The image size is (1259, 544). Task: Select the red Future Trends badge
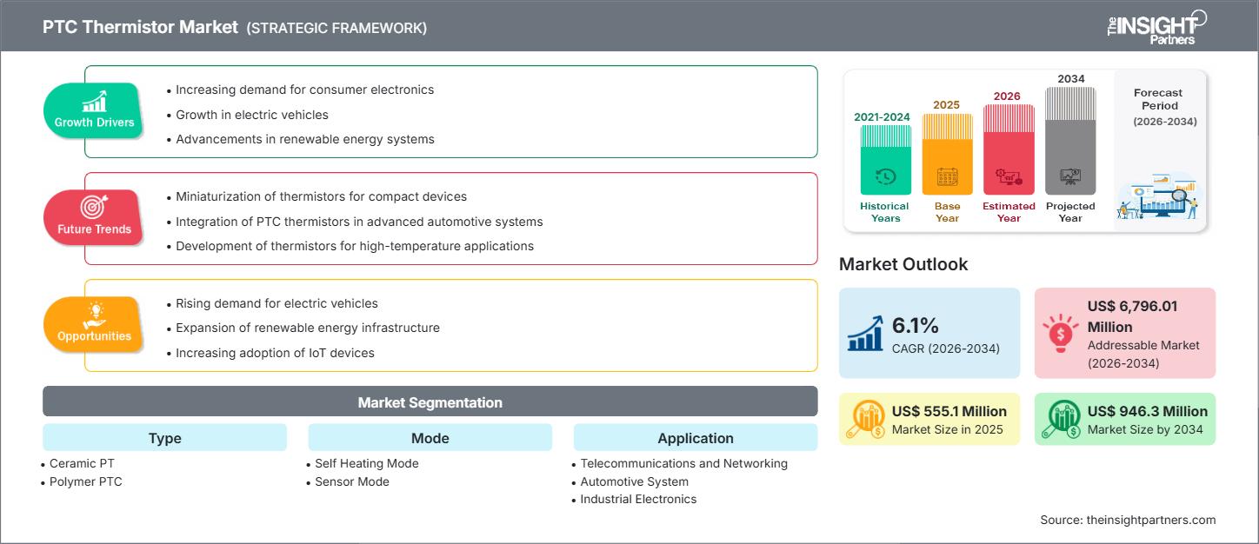[x=94, y=217]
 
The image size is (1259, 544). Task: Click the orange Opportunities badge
[x=94, y=324]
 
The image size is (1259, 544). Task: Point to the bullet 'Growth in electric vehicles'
[x=252, y=115]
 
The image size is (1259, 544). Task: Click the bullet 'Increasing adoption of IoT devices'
[x=275, y=353]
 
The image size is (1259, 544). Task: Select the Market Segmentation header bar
[x=430, y=402]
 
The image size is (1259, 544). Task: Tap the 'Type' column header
[x=164, y=438]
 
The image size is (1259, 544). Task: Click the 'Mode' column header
[x=430, y=438]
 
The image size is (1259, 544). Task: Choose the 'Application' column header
[x=695, y=438]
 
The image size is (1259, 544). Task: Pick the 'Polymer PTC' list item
[x=85, y=481]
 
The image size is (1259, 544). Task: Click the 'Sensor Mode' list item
[x=351, y=481]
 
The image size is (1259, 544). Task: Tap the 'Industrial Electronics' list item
[x=638, y=499]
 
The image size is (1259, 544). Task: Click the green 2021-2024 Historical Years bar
[x=885, y=160]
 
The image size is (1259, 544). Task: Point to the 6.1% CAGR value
[x=916, y=326]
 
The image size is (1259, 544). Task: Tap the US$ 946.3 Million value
[x=1147, y=411]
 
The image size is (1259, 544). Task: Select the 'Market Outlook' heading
[x=903, y=264]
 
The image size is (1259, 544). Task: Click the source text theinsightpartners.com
[x=1150, y=520]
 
